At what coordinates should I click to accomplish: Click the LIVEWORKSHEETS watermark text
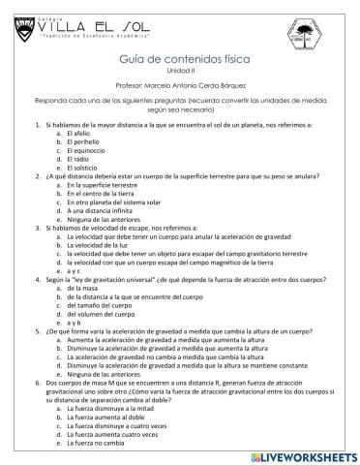(300, 453)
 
